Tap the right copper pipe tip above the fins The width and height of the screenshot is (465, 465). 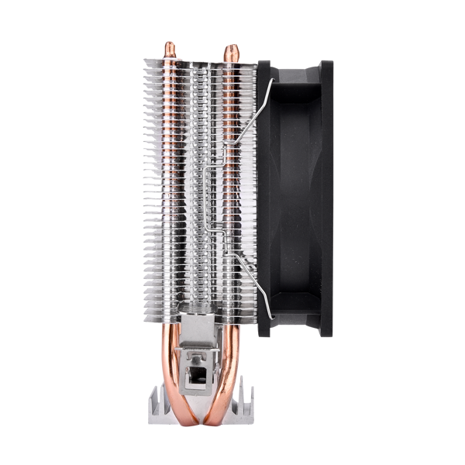[x=230, y=51]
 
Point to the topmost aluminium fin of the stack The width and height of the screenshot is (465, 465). [x=200, y=61]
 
